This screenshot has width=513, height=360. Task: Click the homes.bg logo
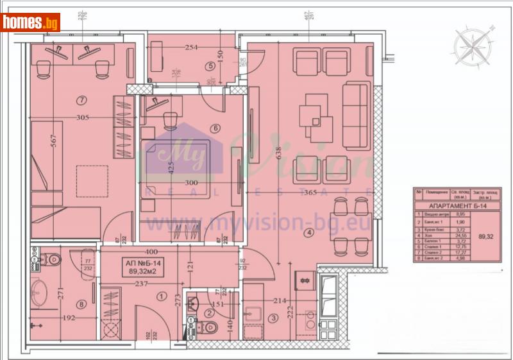coord(31,22)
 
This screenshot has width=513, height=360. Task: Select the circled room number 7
coord(81,99)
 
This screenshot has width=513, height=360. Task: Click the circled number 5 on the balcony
coord(209,65)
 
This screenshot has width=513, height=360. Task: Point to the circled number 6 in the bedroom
coord(215,128)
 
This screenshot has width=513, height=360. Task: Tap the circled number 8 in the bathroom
coord(81,305)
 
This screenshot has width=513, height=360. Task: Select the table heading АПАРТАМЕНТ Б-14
coord(457,205)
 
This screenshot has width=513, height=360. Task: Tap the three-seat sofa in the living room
coord(355,116)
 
